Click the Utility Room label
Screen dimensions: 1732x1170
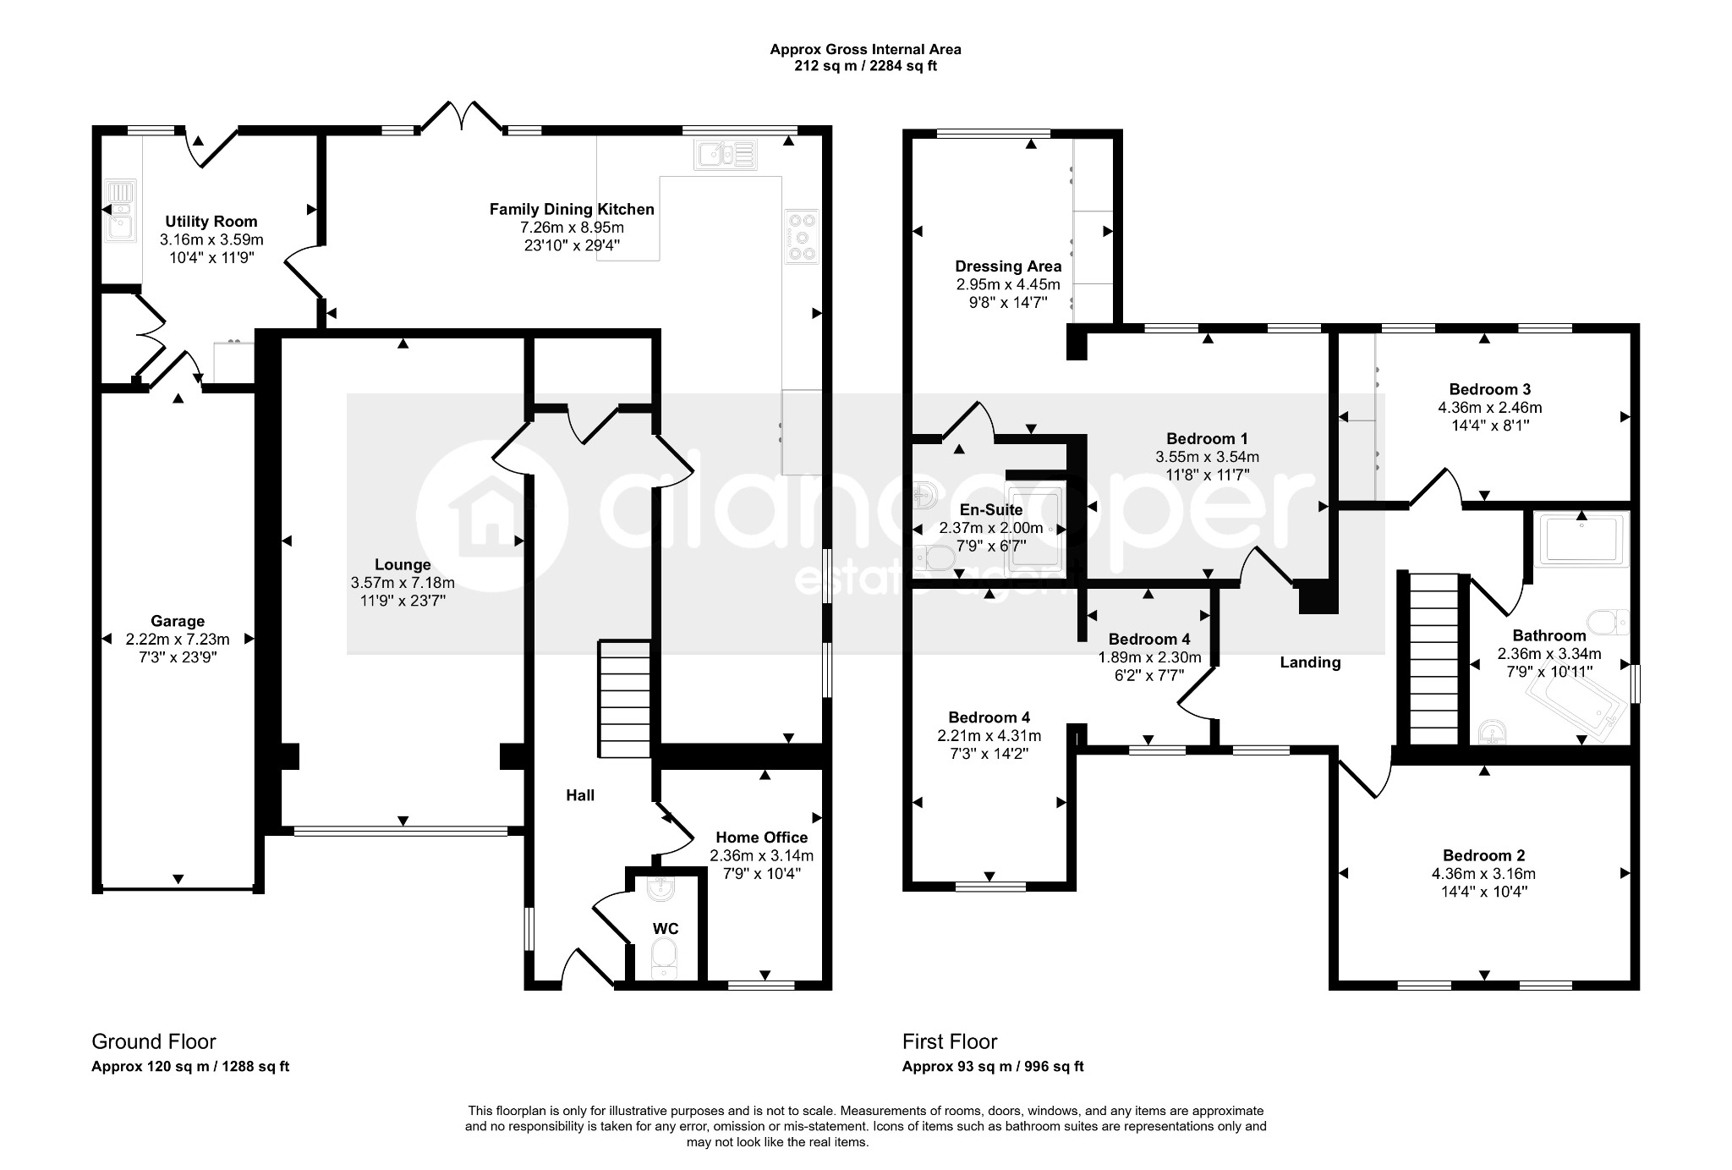click(211, 222)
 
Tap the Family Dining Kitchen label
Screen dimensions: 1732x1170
click(572, 209)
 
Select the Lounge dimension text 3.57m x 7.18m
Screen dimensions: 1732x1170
click(403, 583)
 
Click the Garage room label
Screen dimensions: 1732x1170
click(178, 621)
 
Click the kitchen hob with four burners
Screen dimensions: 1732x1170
click(802, 236)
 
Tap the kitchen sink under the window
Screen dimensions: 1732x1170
click(726, 154)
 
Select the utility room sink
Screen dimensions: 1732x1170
click(119, 211)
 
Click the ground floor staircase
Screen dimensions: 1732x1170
click(625, 699)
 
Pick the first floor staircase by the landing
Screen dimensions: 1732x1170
click(1433, 659)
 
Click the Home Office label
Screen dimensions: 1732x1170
click(762, 838)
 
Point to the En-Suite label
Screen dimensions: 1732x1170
click(991, 510)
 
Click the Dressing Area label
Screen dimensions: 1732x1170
click(1008, 266)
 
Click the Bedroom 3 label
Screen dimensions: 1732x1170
click(1489, 389)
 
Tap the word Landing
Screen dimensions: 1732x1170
click(1310, 662)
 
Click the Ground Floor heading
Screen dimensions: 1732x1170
click(154, 1041)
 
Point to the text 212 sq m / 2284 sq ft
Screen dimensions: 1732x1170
click(865, 66)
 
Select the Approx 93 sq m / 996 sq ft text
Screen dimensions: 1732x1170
click(993, 1067)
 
